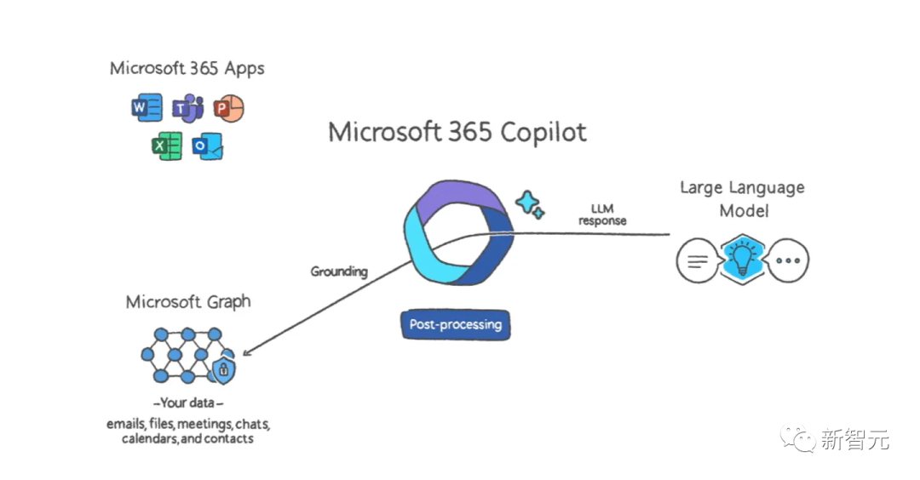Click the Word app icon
(x=147, y=109)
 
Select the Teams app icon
(x=188, y=109)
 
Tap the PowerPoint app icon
(x=227, y=109)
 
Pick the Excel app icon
(x=167, y=146)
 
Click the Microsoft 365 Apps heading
(x=187, y=69)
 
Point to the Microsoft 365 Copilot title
(x=457, y=133)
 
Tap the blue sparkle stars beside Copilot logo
(x=530, y=204)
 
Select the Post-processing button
(x=455, y=324)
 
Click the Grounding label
(x=339, y=271)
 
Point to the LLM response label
(x=602, y=214)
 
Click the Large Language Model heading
(x=741, y=198)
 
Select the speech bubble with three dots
(x=788, y=261)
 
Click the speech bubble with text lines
(x=696, y=261)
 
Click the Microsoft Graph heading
(x=188, y=302)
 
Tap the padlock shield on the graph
(x=223, y=369)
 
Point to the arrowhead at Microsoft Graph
(x=246, y=352)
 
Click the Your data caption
(x=188, y=403)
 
